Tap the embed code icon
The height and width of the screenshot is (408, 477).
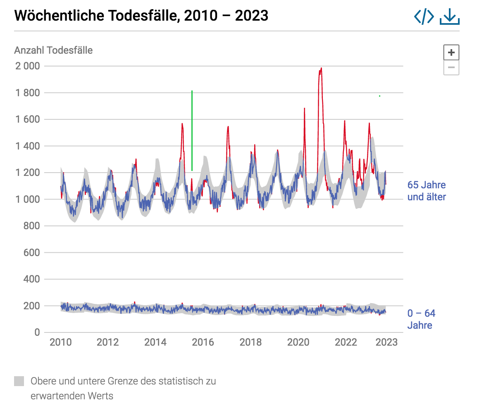[x=424, y=17]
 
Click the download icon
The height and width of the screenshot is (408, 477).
[x=450, y=17]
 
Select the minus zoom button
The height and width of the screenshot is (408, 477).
[x=451, y=67]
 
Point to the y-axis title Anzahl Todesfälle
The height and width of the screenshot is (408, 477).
[x=53, y=50]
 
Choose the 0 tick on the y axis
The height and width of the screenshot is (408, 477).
[x=37, y=332]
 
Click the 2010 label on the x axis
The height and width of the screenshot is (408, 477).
[x=60, y=342]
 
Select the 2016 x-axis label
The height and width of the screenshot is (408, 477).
[x=203, y=342]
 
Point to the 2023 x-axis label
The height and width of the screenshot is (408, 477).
[x=386, y=342]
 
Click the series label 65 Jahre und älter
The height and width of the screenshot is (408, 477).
[x=427, y=191]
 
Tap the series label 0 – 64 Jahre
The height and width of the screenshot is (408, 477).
[x=421, y=319]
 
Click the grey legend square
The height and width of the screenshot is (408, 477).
[x=19, y=381]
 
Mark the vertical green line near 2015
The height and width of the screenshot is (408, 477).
[x=192, y=130]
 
